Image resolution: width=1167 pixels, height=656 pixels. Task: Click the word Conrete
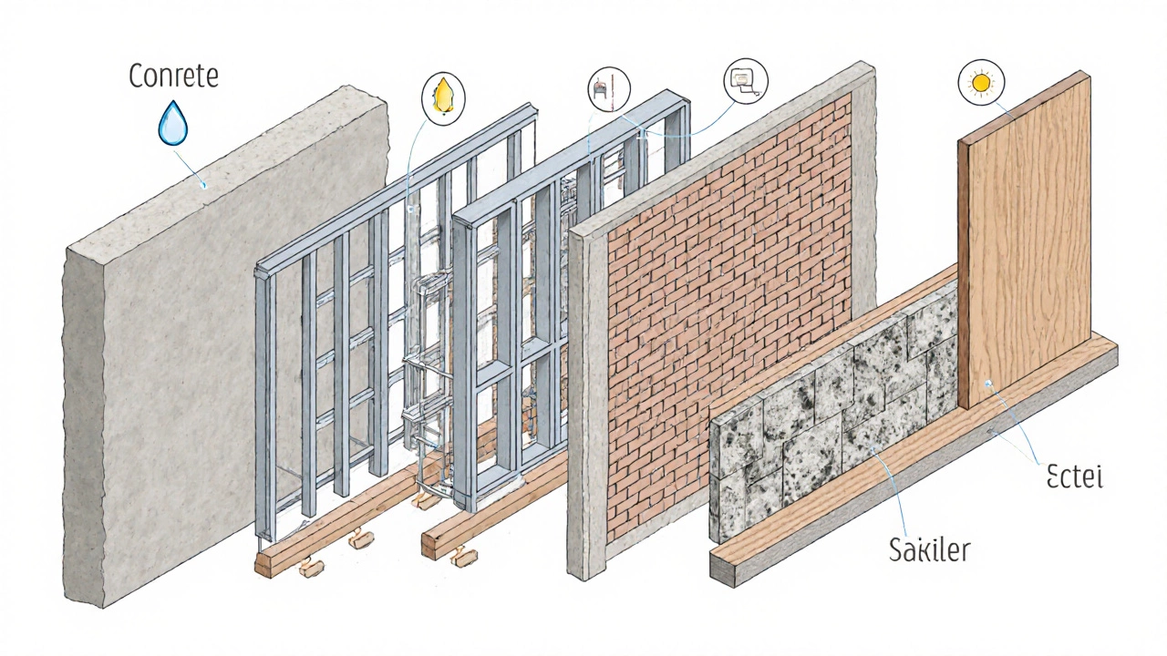click(x=173, y=76)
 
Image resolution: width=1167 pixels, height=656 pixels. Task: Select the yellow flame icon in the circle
click(x=444, y=93)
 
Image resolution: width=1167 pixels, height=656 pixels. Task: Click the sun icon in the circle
click(x=981, y=83)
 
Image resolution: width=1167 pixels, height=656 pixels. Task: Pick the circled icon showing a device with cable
click(x=746, y=79)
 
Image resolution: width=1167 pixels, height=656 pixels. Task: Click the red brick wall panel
click(x=720, y=301)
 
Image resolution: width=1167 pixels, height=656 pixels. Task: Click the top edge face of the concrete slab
click(x=228, y=164)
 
